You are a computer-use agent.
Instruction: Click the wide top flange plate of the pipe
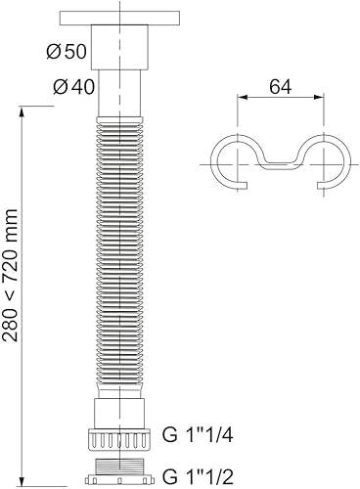(123, 18)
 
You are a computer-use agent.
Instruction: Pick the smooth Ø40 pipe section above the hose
(123, 93)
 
